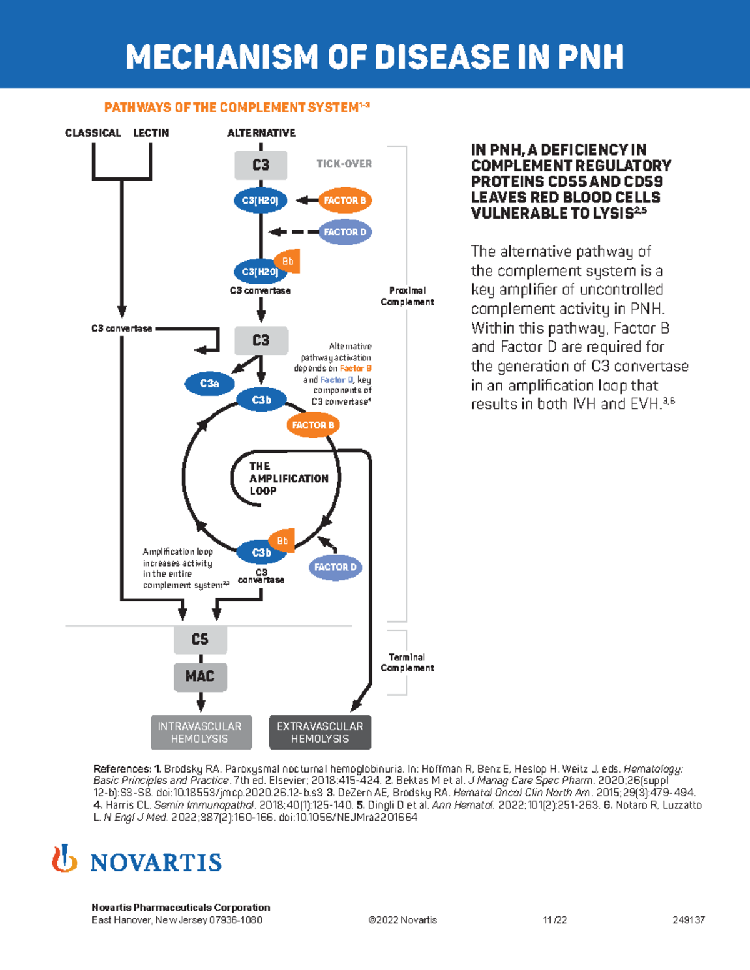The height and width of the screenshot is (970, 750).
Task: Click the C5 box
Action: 200,639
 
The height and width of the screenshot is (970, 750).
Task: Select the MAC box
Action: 200,676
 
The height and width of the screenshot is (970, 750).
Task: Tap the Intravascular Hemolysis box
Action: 201,732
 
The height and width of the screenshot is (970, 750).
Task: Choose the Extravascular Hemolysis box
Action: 320,732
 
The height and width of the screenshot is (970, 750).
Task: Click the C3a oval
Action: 209,384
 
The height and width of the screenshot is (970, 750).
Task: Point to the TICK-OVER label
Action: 344,164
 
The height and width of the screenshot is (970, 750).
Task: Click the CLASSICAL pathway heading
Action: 93,133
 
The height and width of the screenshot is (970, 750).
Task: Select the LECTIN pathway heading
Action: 151,133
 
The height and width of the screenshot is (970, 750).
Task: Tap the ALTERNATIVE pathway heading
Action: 261,133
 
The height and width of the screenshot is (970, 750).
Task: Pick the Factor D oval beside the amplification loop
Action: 335,567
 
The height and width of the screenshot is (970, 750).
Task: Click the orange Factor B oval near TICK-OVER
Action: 345,200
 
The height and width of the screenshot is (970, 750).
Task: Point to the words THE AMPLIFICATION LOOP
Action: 288,478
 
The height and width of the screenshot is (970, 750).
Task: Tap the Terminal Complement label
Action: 407,662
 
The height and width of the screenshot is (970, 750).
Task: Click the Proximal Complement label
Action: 407,296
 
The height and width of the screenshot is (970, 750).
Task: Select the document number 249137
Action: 688,920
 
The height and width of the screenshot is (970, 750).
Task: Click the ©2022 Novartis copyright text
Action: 402,920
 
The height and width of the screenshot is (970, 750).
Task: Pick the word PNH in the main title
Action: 591,57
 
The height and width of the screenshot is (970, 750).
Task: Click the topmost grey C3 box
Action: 261,165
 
